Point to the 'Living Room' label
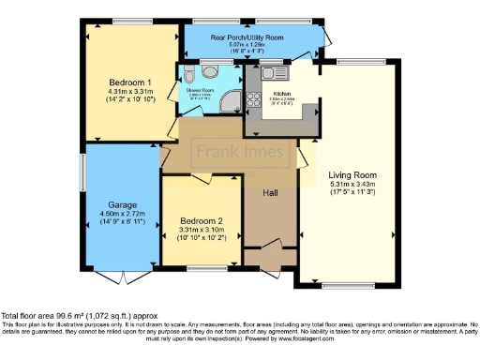point(352,175)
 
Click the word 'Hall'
point(270,192)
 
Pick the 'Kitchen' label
point(282,94)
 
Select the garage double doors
point(122,278)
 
